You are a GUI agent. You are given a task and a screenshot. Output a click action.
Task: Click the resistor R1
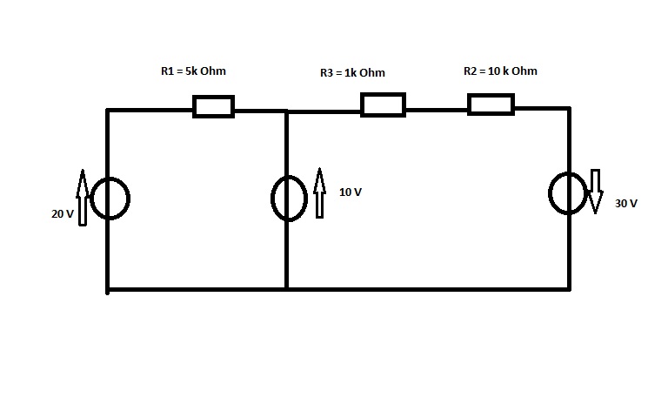point(213,106)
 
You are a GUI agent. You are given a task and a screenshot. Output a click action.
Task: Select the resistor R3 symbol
point(383,104)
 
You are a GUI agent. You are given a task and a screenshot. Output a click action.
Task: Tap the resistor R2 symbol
point(491,104)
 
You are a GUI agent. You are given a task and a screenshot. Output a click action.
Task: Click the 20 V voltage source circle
point(110,199)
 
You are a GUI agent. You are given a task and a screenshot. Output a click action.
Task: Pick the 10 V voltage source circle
point(289,199)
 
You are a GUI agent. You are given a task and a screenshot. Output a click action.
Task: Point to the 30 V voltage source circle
point(569,192)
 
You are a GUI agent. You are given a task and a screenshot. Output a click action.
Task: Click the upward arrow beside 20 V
point(83,198)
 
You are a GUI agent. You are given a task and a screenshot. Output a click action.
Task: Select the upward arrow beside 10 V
point(319,192)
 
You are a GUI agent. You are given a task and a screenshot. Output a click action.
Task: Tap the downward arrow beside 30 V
point(596,191)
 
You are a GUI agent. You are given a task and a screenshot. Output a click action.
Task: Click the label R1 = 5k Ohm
point(193,71)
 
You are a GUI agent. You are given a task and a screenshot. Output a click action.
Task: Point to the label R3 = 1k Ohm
point(352,73)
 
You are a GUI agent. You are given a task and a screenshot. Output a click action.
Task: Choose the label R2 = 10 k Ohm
point(500,71)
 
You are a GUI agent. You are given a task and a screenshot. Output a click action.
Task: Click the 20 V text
point(62,213)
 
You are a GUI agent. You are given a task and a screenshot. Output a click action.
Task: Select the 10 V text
point(350,192)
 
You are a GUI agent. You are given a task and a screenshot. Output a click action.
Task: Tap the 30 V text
point(626,204)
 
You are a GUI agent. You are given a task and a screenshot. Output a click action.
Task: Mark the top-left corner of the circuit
point(108,111)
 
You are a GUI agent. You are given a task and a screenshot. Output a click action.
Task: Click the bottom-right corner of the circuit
point(570,288)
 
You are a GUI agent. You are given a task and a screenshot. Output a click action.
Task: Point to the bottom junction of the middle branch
point(286,288)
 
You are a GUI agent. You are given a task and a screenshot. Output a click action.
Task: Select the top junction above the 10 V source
point(286,111)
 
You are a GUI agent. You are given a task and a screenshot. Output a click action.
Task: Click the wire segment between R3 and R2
point(437,111)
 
